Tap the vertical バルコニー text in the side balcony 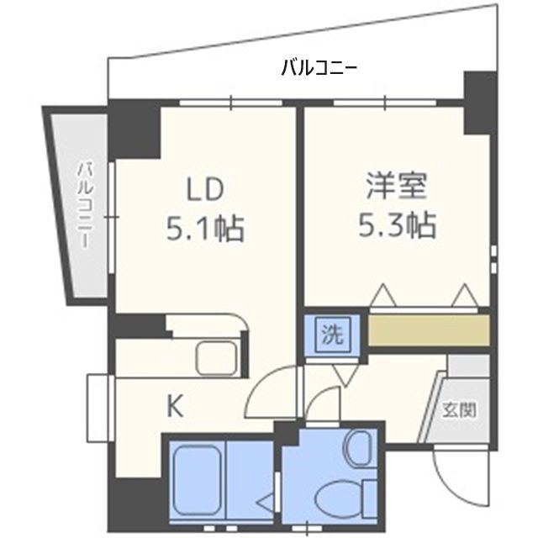[86, 202]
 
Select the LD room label [203, 190]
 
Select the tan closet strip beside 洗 [429, 330]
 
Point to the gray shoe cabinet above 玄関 [468, 367]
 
